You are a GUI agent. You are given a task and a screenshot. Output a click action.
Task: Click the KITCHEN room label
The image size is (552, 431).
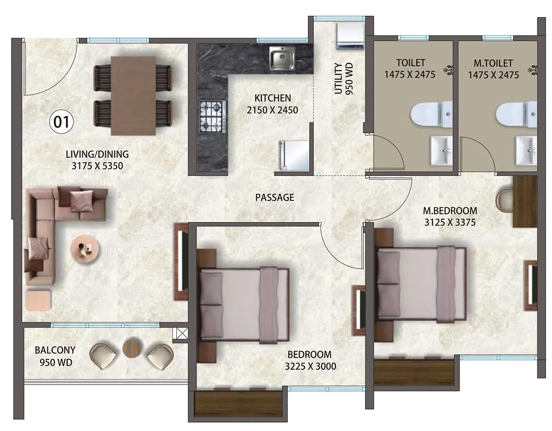pos(273,98)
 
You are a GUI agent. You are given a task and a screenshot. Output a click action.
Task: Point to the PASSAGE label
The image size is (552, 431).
pos(275,198)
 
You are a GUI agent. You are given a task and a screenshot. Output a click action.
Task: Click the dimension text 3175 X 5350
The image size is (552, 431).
pos(97,166)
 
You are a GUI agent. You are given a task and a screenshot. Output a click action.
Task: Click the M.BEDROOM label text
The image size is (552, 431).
pos(450,211)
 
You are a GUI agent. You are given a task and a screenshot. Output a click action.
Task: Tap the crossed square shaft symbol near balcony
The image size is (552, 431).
pos(180,333)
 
